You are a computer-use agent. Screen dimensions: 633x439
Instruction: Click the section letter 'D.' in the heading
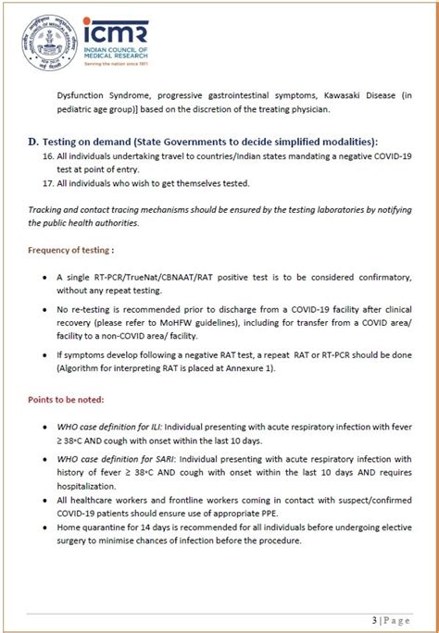[x=34, y=141]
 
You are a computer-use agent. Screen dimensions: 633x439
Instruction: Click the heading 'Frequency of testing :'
[x=71, y=250]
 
